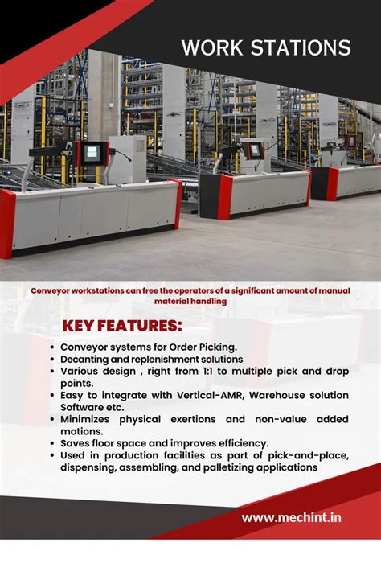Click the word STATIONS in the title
click(x=302, y=47)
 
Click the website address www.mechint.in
click(x=291, y=517)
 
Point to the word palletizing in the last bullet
click(x=244, y=467)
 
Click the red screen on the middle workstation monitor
click(x=255, y=150)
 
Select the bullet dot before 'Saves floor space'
click(x=51, y=443)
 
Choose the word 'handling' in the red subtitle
click(x=204, y=301)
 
